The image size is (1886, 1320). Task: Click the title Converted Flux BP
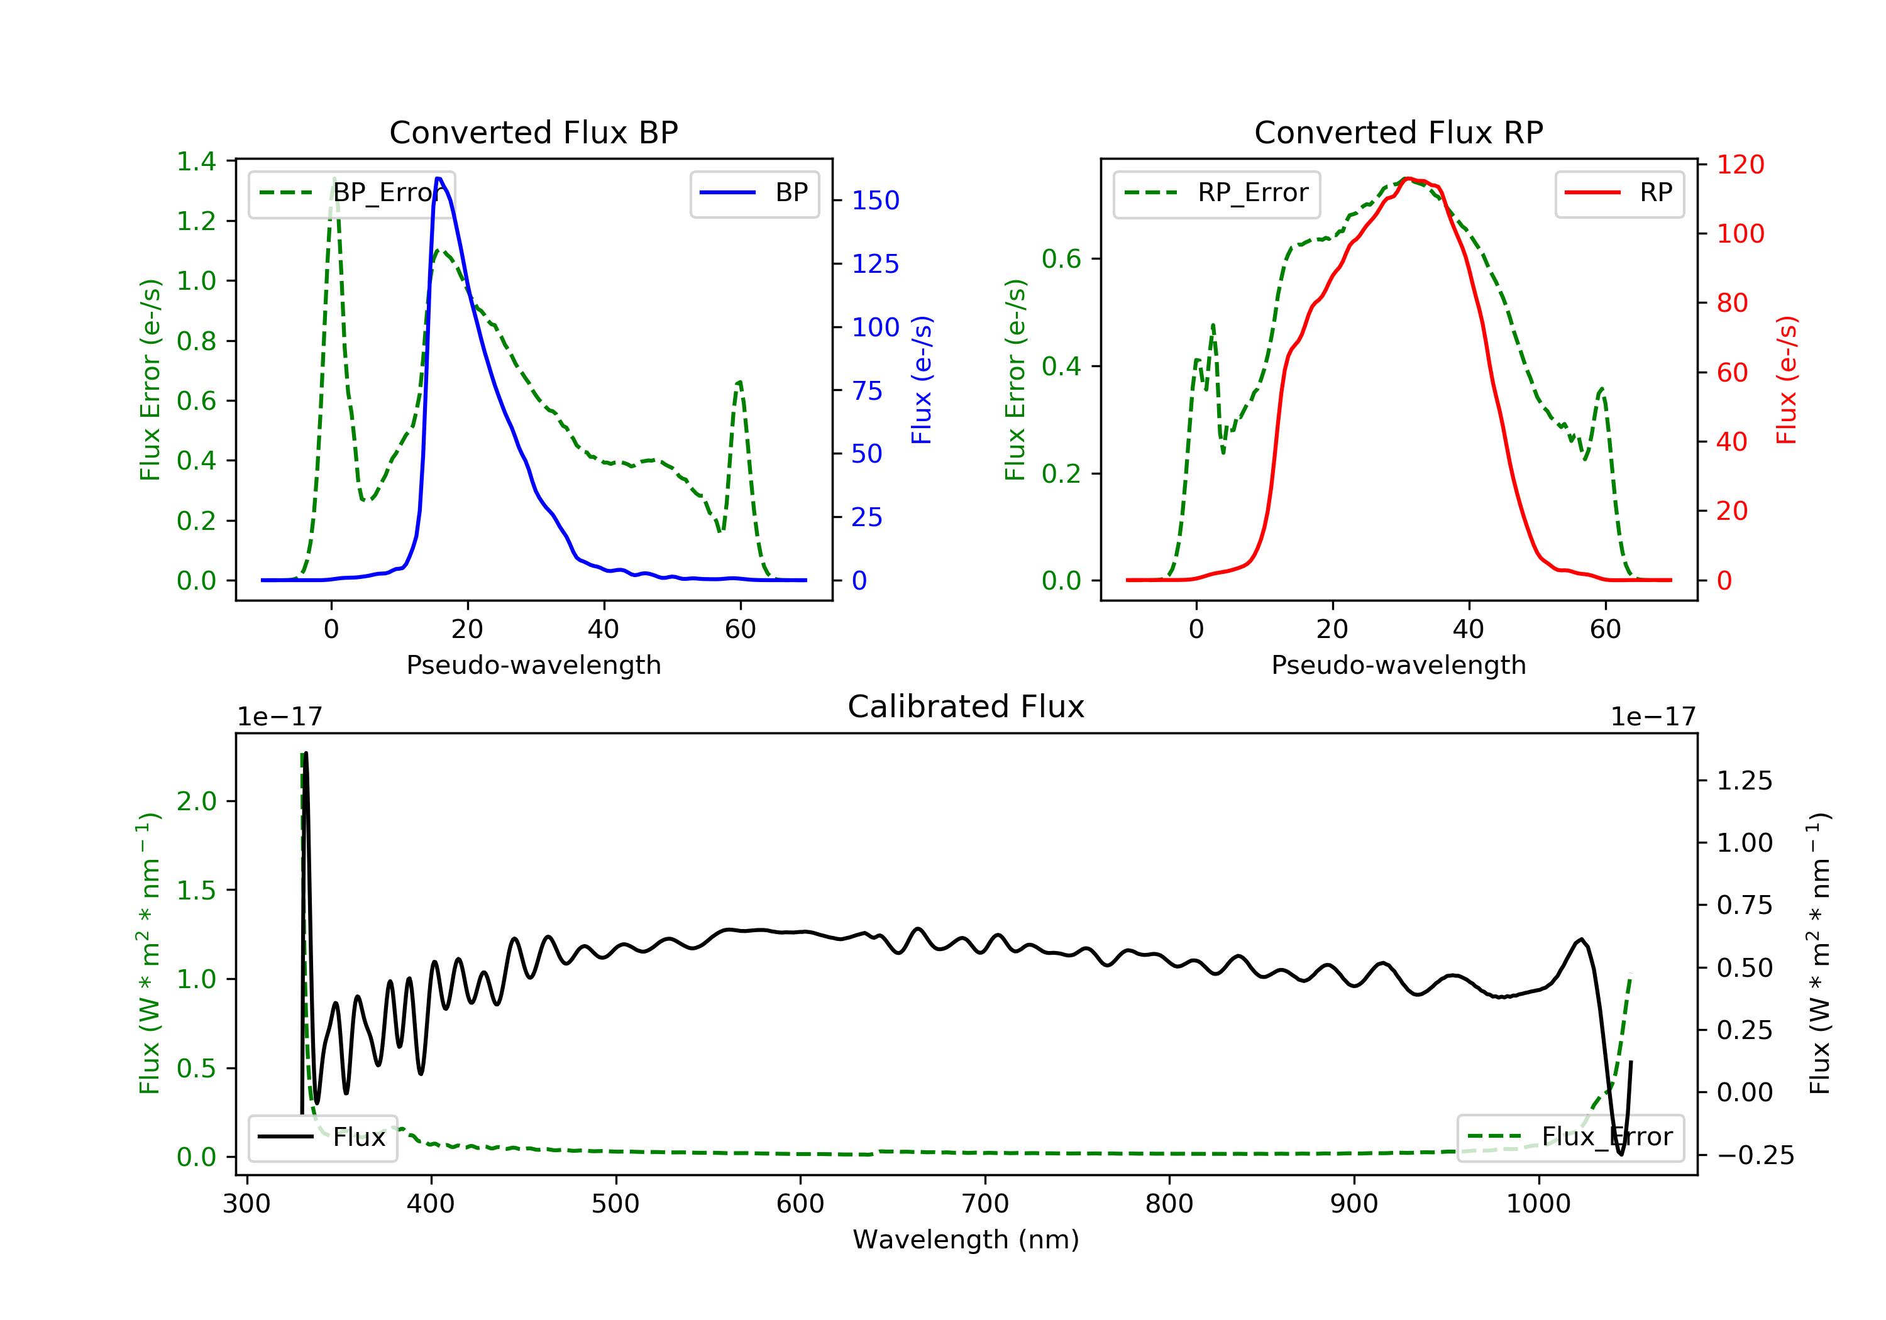coord(533,132)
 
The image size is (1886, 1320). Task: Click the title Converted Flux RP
coord(1398,132)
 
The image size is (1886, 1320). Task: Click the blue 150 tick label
coord(875,201)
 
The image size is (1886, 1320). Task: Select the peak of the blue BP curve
coord(439,179)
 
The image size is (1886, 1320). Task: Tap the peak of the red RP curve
coord(1406,179)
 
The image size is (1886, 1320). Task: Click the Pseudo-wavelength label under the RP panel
coord(1398,664)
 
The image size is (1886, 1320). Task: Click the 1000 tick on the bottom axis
coord(1538,1204)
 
